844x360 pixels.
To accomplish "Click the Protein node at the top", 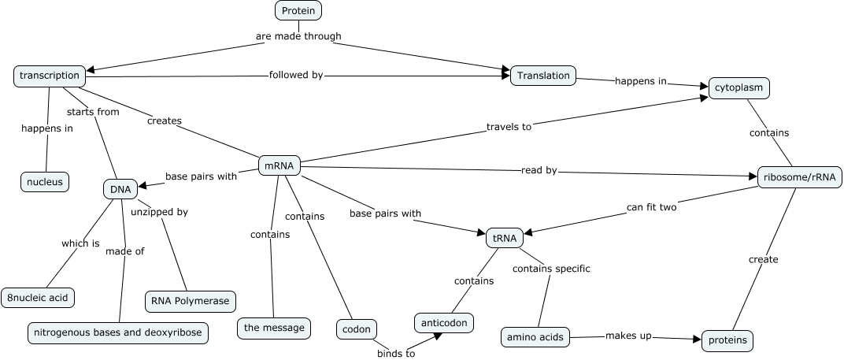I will pos(298,10).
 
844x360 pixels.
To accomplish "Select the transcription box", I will pos(50,76).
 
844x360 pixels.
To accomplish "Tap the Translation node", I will pos(543,76).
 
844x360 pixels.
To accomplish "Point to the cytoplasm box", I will pos(738,87).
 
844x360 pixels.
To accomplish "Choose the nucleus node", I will pos(45,182).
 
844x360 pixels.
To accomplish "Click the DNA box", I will pos(120,189).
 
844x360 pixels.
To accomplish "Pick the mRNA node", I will pos(279,166).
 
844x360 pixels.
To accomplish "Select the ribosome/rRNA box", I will pos(800,177).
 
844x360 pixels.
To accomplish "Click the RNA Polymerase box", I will pos(190,301).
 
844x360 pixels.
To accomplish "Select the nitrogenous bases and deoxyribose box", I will pos(118,332).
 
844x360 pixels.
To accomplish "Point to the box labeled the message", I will pos(273,328).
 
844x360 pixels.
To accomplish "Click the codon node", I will pos(357,328).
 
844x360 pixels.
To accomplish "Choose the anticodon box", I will pos(444,323).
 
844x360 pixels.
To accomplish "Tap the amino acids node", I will pos(535,338).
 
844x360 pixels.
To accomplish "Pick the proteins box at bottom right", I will pos(727,340).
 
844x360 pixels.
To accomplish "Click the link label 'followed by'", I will pos(296,75).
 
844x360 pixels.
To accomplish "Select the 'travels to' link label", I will pos(509,126).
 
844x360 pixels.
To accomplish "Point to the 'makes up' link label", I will pos(628,336).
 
